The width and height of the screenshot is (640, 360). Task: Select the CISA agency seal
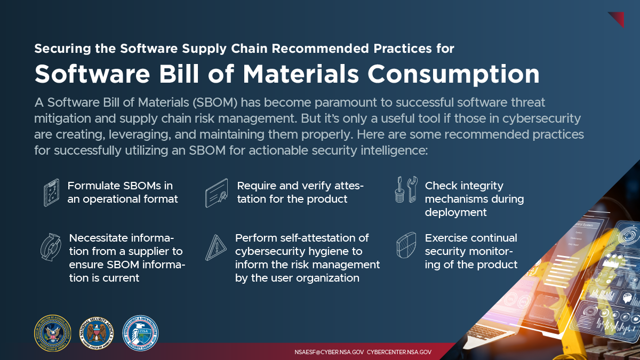pos(141,333)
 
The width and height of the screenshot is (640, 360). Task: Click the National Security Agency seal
pos(97,333)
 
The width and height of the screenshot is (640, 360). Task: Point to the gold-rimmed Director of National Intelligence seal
pos(52,333)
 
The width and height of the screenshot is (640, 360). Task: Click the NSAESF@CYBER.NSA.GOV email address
pos(329,353)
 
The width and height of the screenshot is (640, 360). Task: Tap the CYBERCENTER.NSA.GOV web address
pos(399,353)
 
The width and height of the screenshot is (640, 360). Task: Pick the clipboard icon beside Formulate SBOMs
pos(51,193)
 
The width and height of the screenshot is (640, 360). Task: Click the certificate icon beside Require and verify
pos(217,193)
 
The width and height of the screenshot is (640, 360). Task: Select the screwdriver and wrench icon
pos(405,190)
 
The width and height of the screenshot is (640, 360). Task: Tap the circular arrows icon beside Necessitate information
pos(51,247)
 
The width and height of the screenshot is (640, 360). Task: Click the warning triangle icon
pos(217,247)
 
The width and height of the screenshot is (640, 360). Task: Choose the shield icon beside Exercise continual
pos(405,246)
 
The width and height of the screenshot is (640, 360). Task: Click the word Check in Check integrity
pos(441,186)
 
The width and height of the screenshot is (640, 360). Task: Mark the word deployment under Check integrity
pos(455,212)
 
